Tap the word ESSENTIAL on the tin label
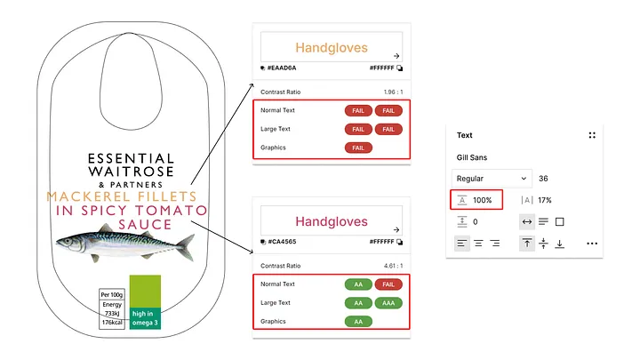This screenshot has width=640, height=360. point(132,154)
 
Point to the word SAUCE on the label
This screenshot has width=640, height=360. point(144,224)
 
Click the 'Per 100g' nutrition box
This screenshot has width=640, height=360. point(111,294)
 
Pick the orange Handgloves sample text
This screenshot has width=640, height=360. point(331,47)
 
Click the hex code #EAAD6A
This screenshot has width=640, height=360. point(282,68)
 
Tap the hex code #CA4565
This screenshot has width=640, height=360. point(282,241)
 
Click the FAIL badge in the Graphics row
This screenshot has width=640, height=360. point(357,148)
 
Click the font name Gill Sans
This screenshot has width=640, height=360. point(473,157)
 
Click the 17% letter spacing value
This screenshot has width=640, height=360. point(545,200)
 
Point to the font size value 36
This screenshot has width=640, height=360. point(543,178)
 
